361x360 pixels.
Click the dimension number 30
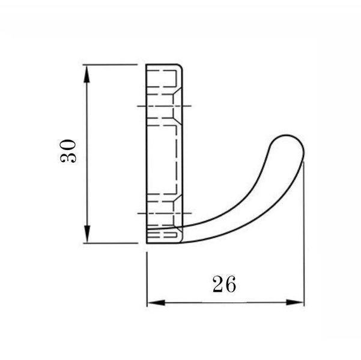click(68, 151)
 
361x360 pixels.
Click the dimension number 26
click(224, 284)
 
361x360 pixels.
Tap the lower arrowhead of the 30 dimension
click(87, 234)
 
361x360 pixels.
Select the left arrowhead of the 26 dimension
click(156, 302)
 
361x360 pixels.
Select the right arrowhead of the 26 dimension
click(295, 302)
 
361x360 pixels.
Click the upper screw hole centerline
click(164, 106)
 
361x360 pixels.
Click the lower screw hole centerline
click(165, 213)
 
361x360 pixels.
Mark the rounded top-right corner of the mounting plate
click(180, 67)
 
